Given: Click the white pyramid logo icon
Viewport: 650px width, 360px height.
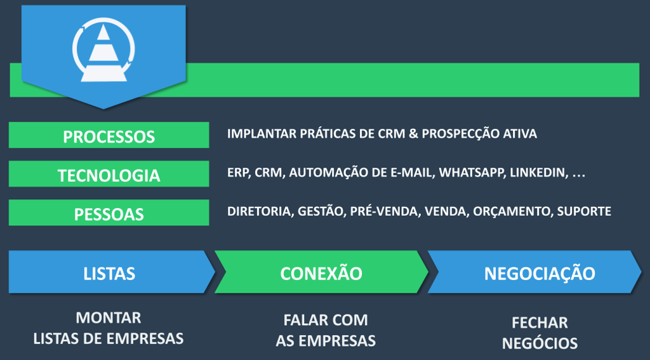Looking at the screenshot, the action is tap(103, 50).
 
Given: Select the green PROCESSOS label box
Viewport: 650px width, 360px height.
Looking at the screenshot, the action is tap(109, 135).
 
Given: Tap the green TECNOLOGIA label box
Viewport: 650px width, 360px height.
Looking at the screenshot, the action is tap(109, 174).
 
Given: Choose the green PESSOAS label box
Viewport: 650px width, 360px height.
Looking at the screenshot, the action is tap(109, 213).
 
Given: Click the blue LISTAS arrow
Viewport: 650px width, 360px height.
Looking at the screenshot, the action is tap(109, 273).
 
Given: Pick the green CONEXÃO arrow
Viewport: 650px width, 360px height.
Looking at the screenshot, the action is tap(321, 273).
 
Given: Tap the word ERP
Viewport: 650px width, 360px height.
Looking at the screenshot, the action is tap(237, 173).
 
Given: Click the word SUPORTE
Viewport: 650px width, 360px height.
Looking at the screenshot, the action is tap(584, 211).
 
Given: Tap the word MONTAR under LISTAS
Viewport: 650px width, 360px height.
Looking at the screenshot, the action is tap(109, 317).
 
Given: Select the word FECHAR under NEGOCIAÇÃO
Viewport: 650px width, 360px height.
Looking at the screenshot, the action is tap(540, 323).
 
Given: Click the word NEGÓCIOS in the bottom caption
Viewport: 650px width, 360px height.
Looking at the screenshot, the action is tap(540, 343).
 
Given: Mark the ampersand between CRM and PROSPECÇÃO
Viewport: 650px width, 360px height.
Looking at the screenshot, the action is tap(413, 134).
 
